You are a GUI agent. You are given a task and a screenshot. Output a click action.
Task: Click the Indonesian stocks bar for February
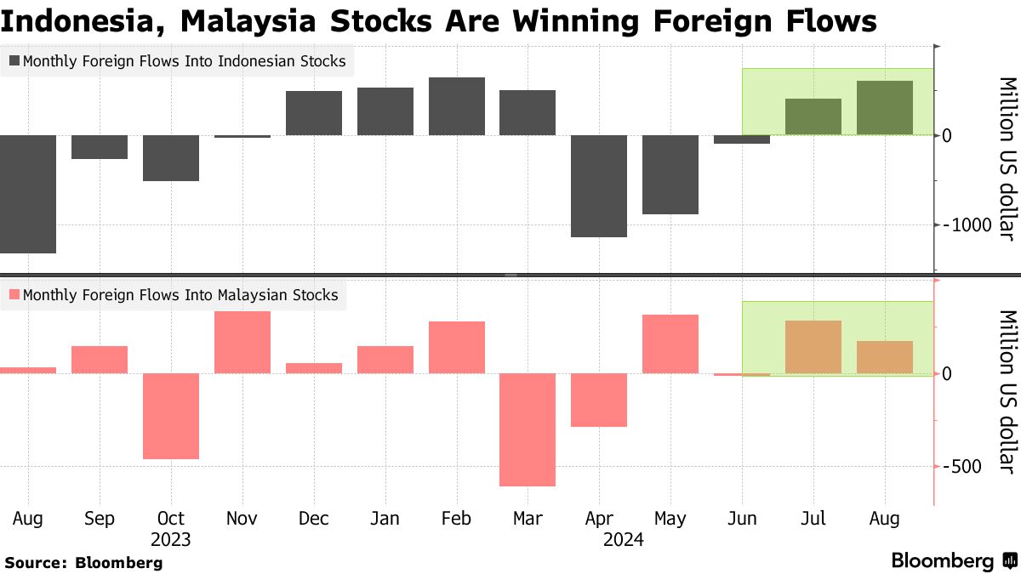(x=457, y=106)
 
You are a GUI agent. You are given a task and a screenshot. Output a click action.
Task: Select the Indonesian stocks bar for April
(x=600, y=185)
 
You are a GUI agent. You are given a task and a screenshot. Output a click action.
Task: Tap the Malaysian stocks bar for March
(x=528, y=429)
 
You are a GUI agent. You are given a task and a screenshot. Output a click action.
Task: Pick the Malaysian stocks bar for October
(x=171, y=416)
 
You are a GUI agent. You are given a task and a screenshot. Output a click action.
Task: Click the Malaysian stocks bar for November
(x=242, y=342)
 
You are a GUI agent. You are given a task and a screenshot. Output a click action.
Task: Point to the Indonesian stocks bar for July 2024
(x=813, y=117)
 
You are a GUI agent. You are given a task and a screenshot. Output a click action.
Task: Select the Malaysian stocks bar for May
(x=670, y=344)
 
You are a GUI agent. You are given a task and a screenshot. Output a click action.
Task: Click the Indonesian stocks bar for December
(x=314, y=113)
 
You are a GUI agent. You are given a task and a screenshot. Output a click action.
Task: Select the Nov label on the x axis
(x=242, y=518)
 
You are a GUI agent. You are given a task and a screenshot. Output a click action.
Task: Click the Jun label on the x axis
(x=742, y=518)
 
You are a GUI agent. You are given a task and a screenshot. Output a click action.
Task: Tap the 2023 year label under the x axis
(x=171, y=539)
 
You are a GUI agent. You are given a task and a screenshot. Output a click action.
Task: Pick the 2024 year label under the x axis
(x=624, y=539)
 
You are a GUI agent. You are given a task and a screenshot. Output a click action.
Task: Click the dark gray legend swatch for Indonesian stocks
(x=14, y=61)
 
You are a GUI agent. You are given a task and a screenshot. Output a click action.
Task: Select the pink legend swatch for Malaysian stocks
(x=14, y=295)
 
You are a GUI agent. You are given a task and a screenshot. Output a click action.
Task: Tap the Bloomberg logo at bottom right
(x=954, y=561)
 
